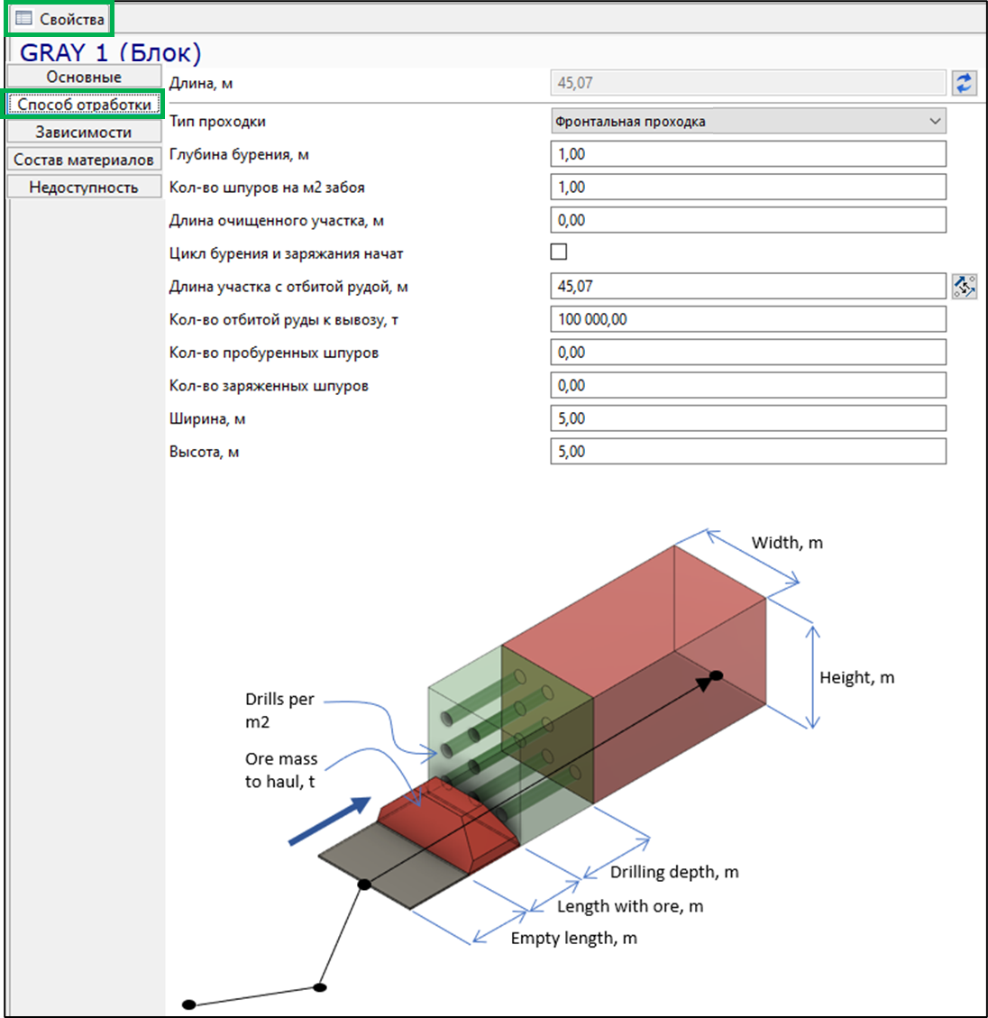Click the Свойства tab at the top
(59, 19)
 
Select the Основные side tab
(84, 77)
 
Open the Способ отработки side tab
(84, 105)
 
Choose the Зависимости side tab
(84, 132)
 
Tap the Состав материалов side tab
(84, 160)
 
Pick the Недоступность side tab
(84, 187)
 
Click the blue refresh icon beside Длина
(964, 83)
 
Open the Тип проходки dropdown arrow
(935, 122)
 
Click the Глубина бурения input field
(748, 154)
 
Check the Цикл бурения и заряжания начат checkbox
(558, 252)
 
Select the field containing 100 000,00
(748, 319)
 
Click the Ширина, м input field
(748, 418)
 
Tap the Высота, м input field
(748, 451)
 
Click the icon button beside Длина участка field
(964, 287)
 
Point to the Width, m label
(787, 543)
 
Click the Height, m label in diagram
(857, 678)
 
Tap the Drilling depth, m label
(673, 872)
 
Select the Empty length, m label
(574, 938)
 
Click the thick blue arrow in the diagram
(330, 821)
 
